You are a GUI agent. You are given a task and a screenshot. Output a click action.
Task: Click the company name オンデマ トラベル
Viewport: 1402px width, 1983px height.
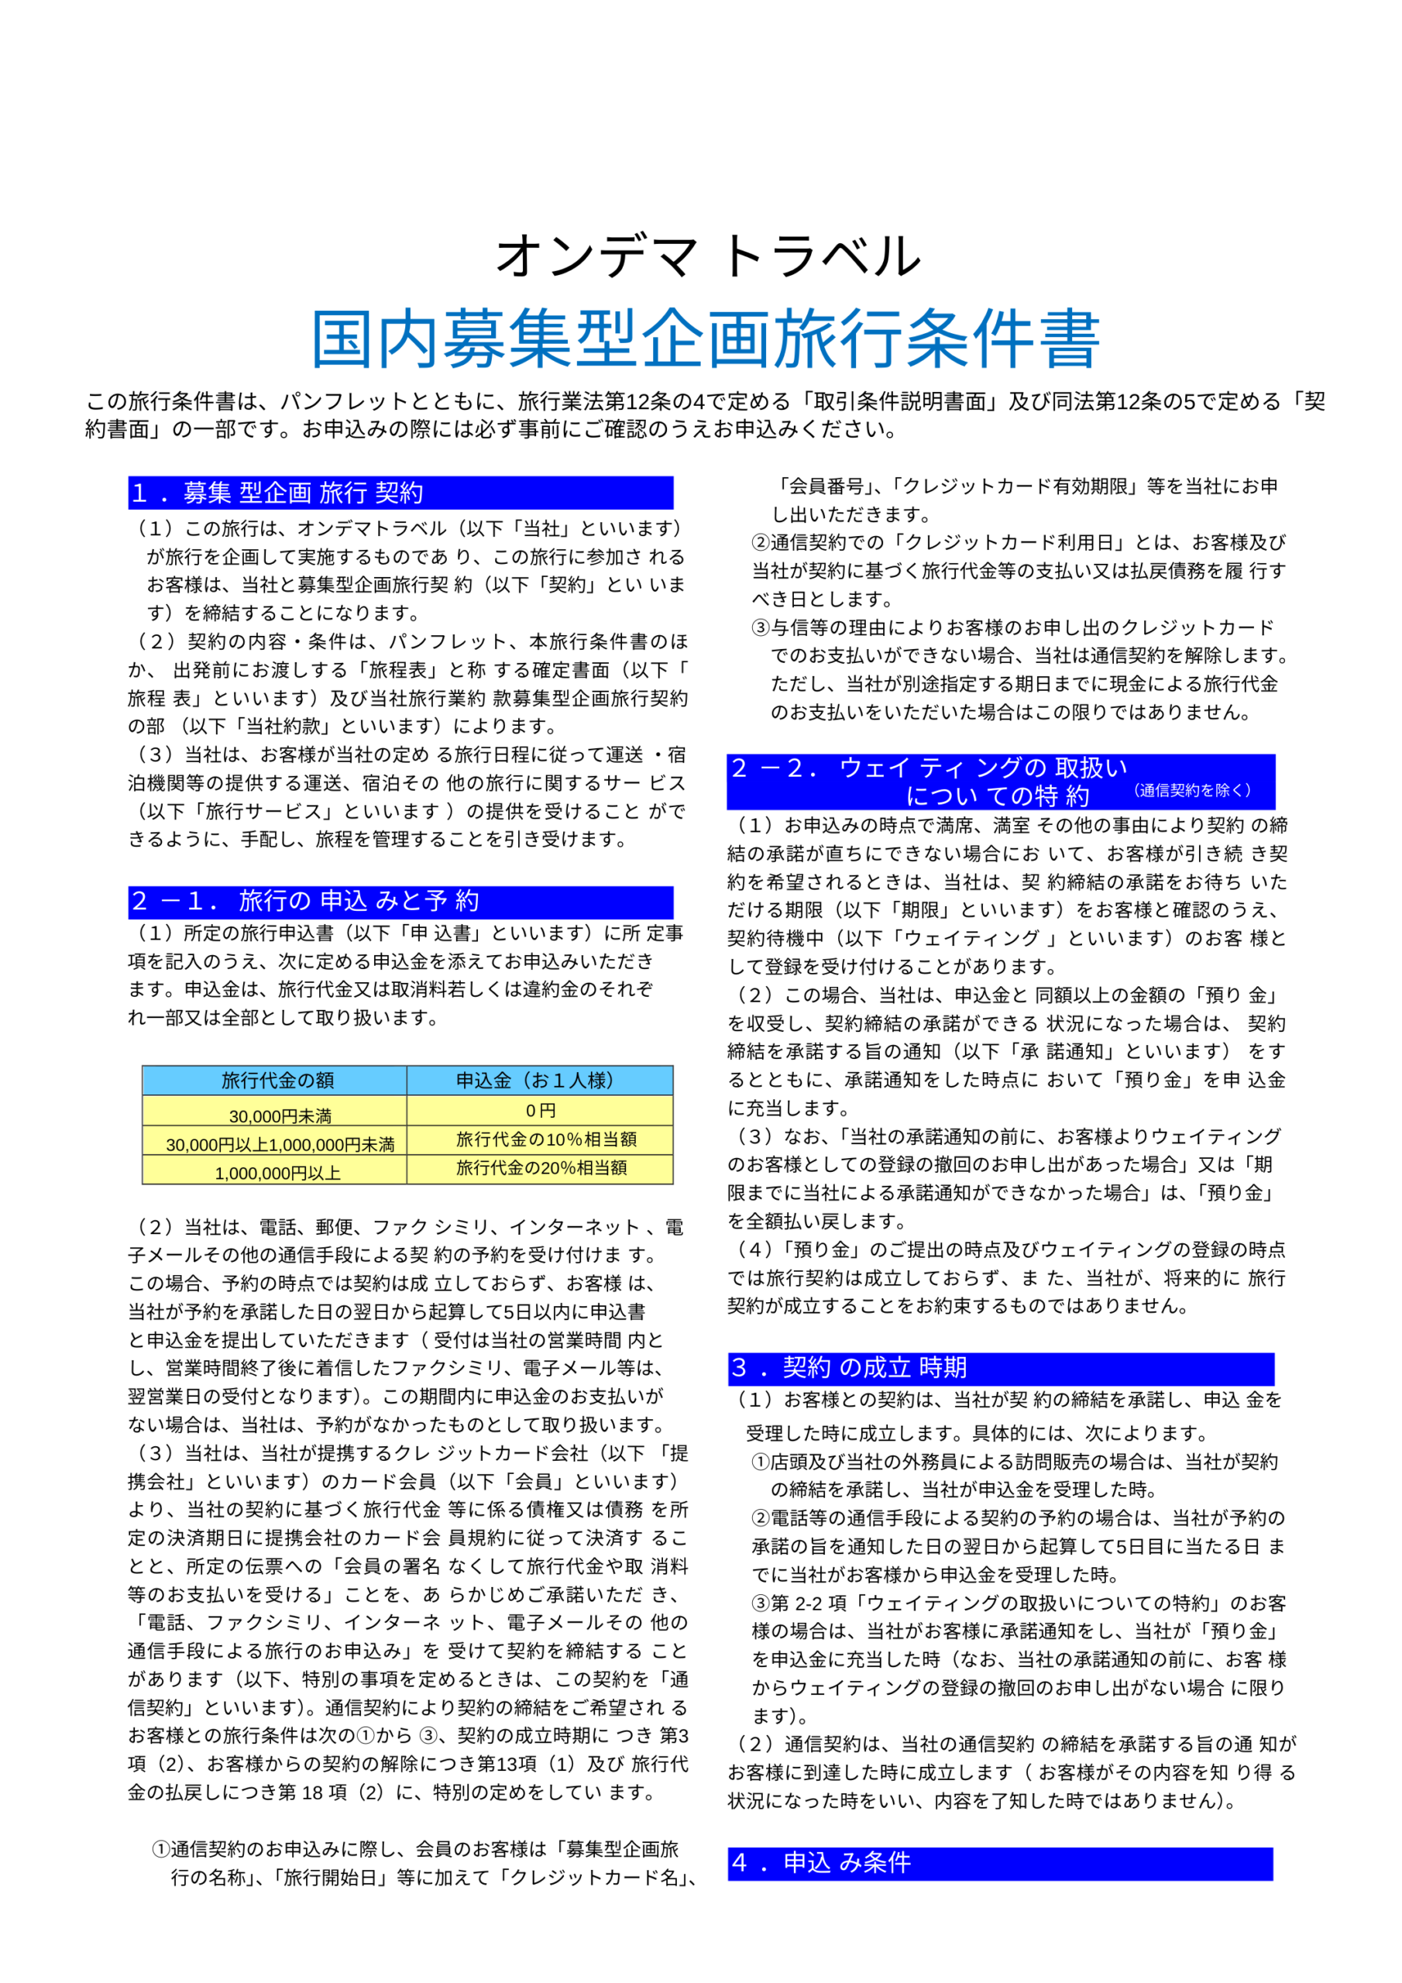click(706, 256)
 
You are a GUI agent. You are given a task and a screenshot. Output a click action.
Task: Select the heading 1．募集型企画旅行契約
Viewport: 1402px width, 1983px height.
click(277, 493)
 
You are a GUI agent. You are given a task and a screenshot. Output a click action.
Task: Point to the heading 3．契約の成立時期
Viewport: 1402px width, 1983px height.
click(848, 1367)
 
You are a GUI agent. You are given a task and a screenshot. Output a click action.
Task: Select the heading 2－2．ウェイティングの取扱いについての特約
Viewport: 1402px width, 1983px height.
click(930, 781)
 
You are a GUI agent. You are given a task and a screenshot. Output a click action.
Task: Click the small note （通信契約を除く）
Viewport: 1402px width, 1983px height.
click(1191, 790)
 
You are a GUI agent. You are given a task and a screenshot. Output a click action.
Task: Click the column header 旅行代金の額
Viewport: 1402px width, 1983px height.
click(277, 1080)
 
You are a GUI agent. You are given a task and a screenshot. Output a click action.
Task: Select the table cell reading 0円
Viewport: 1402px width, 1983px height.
click(541, 1111)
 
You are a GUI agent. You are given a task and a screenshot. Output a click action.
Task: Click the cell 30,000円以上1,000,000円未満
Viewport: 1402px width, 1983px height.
click(280, 1144)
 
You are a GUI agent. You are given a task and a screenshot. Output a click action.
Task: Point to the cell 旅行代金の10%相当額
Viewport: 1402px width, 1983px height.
click(546, 1139)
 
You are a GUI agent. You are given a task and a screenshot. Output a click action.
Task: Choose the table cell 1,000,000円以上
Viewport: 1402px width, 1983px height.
click(277, 1173)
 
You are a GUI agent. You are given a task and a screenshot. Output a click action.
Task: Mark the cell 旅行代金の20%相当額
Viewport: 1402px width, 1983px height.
click(541, 1167)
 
